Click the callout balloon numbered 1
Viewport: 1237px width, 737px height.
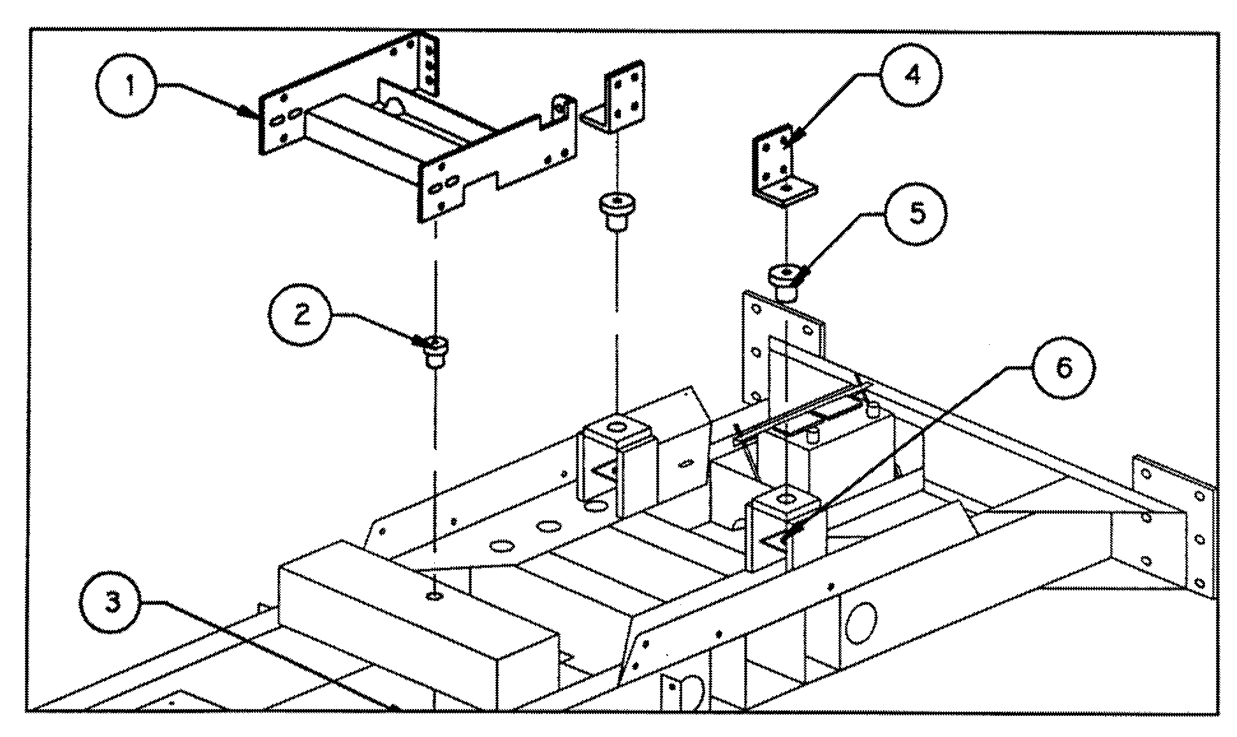pyautogui.click(x=129, y=85)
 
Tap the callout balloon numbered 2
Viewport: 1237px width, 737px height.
pyautogui.click(x=302, y=315)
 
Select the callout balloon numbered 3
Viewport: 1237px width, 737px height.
pyautogui.click(x=113, y=601)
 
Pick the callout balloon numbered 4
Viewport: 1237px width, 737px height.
pyautogui.click(x=912, y=76)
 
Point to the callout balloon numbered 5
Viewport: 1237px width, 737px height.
pyautogui.click(x=916, y=214)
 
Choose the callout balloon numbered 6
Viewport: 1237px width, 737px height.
pyautogui.click(x=1064, y=368)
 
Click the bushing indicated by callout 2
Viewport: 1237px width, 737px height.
pyautogui.click(x=435, y=351)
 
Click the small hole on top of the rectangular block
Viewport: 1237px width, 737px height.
pyautogui.click(x=435, y=596)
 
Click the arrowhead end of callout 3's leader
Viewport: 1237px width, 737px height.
pyautogui.click(x=397, y=706)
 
